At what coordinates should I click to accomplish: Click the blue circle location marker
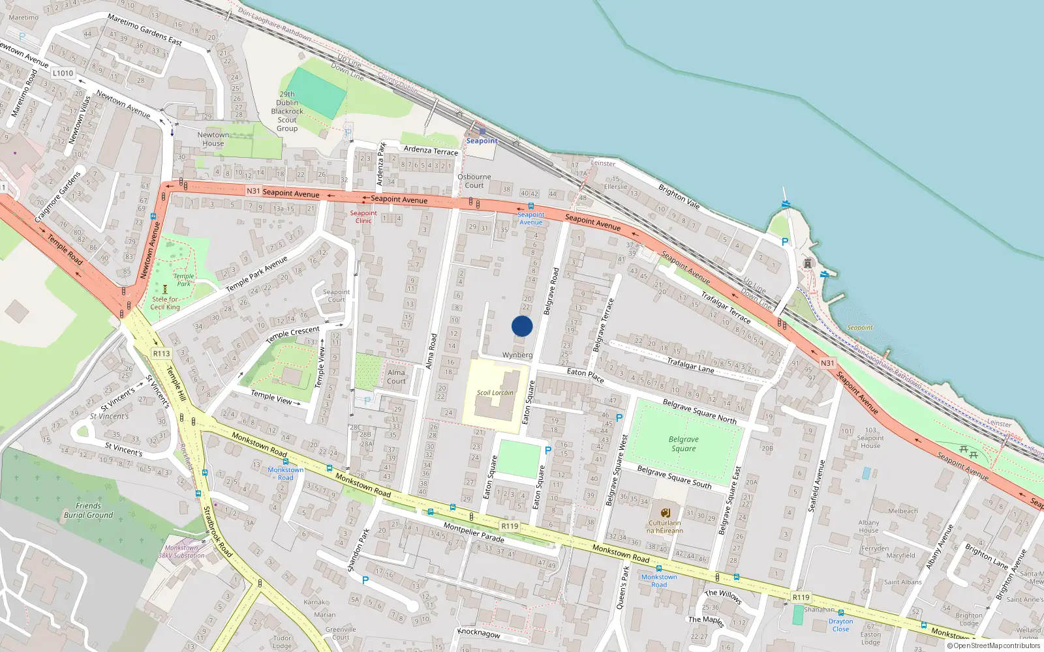(522, 326)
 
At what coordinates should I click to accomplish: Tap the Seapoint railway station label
(482, 141)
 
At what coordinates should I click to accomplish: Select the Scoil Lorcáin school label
(495, 393)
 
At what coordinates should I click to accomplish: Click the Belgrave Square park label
(683, 444)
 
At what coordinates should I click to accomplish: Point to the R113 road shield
(161, 353)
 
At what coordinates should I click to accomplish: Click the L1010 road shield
(63, 73)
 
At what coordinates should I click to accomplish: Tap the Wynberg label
(517, 355)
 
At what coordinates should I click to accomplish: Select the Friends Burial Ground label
(88, 511)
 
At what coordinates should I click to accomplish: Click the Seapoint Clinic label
(363, 217)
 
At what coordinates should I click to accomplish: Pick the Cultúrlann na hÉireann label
(664, 527)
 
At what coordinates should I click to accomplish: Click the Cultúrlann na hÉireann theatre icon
(665, 513)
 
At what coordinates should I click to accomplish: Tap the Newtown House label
(213, 139)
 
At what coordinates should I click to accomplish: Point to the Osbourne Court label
(474, 181)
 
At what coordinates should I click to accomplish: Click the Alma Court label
(396, 377)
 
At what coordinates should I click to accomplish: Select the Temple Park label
(184, 280)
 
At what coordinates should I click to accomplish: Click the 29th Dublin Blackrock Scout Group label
(287, 111)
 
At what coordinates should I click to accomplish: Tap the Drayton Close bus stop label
(840, 625)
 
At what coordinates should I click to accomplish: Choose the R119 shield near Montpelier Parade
(510, 526)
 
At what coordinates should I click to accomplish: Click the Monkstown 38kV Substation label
(181, 552)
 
